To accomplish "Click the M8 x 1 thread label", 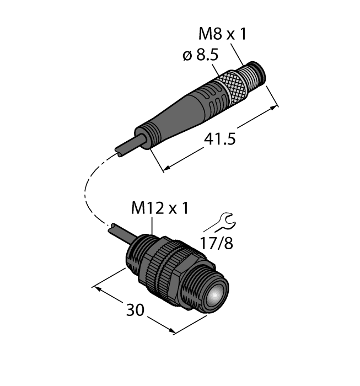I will (222, 35).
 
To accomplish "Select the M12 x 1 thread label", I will (160, 208).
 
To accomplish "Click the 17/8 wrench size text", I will (217, 242).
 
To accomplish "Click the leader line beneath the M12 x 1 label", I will (152, 224).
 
